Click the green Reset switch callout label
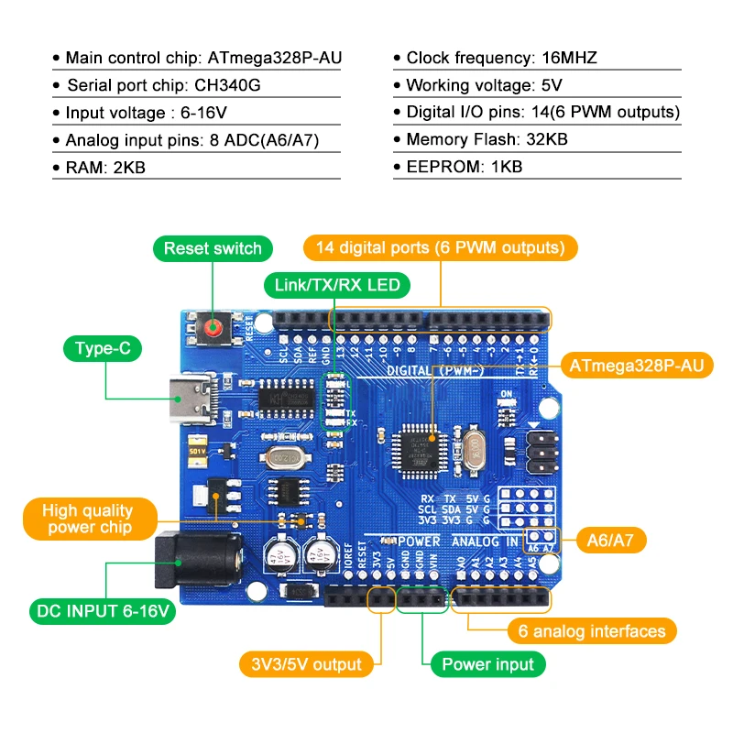pos(213,248)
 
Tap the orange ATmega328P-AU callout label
pos(636,366)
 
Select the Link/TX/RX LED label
pos(337,285)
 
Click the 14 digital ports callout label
pos(440,247)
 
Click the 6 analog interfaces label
pos(592,630)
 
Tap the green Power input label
pos(487,664)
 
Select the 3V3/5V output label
pos(306,664)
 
